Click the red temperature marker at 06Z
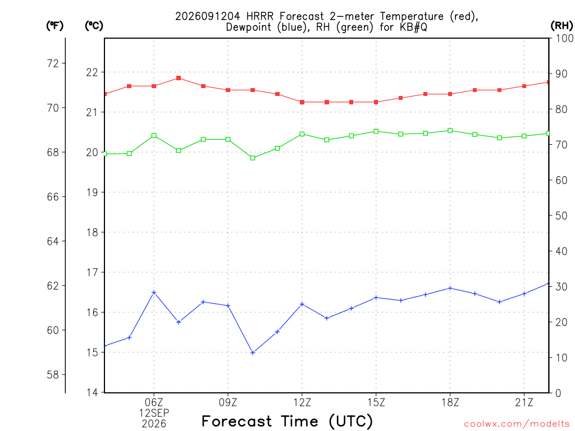point(154,86)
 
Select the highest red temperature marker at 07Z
point(179,78)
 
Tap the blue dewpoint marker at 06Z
point(154,292)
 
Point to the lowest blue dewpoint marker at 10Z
point(253,353)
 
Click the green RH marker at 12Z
point(302,134)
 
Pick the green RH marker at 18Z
point(450,130)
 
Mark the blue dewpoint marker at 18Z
point(450,288)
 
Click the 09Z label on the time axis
point(228,402)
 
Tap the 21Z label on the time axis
point(524,402)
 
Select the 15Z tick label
point(376,402)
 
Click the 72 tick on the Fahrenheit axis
point(53,63)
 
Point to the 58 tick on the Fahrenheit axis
point(53,374)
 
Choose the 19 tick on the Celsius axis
point(93,192)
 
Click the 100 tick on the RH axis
point(564,38)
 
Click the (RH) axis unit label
point(562,25)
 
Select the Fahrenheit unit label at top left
point(55,25)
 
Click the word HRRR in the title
point(260,16)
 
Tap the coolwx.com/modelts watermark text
point(517,424)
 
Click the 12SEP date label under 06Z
point(154,413)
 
